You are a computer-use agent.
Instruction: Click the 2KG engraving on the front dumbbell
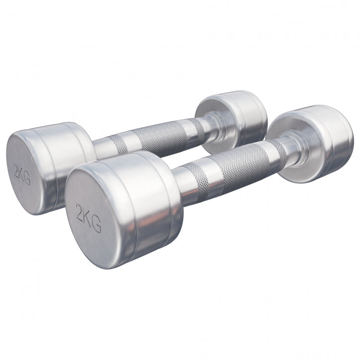[x=89, y=217]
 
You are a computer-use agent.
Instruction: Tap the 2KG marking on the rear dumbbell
[x=23, y=174]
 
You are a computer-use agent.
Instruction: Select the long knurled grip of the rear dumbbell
[x=159, y=136]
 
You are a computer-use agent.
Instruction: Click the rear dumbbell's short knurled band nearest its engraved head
[x=119, y=144]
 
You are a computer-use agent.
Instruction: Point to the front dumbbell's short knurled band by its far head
[x=277, y=148]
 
